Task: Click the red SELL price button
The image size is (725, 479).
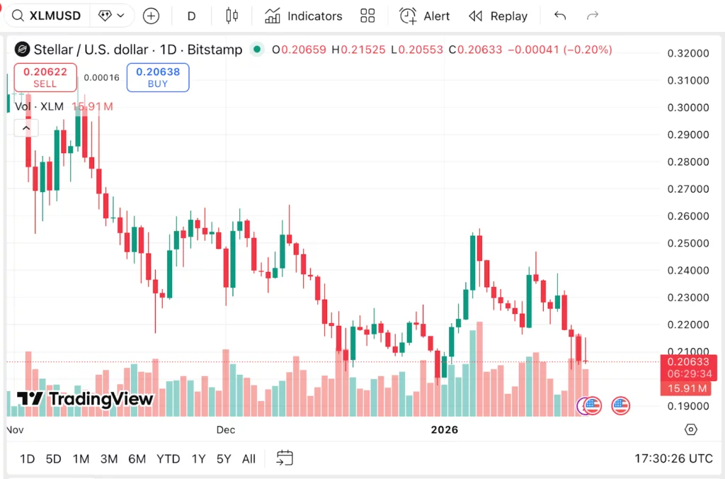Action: [x=45, y=77]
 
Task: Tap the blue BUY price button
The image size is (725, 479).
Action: [x=158, y=77]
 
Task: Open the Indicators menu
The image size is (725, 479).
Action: [x=303, y=16]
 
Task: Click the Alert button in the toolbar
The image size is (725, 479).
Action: [x=425, y=16]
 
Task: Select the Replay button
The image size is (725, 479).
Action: [x=498, y=16]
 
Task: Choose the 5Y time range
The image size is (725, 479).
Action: [x=224, y=458]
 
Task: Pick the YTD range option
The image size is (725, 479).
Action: [x=168, y=458]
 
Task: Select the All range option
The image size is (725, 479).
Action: [x=249, y=458]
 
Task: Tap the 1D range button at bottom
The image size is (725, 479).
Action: [x=27, y=458]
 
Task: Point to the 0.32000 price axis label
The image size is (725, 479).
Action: [x=688, y=53]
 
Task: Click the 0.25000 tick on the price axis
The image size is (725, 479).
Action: [x=688, y=243]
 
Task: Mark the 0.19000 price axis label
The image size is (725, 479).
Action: [x=688, y=406]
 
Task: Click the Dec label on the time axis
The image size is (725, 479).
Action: [x=225, y=429]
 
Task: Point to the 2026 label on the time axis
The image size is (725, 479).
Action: [x=445, y=429]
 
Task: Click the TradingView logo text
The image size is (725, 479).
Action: [x=85, y=399]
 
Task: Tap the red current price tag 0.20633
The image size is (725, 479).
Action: [x=687, y=362]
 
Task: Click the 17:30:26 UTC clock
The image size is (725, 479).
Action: [x=674, y=458]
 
